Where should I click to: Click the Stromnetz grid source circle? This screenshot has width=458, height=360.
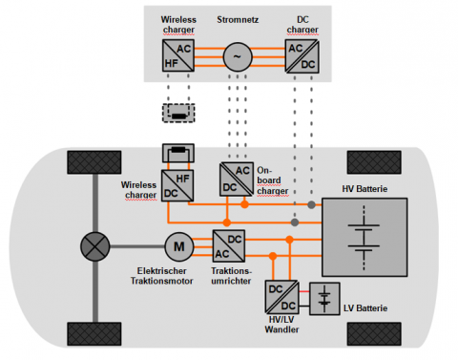[x=238, y=56]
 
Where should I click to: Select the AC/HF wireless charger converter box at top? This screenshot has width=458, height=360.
[x=178, y=55]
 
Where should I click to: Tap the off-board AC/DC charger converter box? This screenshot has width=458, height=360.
[x=302, y=56]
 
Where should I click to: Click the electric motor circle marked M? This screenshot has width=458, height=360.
[x=179, y=246]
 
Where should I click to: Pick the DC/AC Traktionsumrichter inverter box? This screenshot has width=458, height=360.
[x=229, y=246]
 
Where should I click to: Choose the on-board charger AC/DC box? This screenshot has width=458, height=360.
[x=237, y=180]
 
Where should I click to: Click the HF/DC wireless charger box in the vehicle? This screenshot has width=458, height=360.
[x=177, y=185]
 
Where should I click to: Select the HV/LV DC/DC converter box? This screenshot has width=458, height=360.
[x=281, y=297]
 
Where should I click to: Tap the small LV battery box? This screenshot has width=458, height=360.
[x=324, y=299]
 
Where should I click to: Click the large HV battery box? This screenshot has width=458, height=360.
[x=364, y=237]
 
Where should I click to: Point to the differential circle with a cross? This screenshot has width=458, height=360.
[x=95, y=246]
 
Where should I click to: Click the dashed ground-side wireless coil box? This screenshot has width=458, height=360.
[x=178, y=113]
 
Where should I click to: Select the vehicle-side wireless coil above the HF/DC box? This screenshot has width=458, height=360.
[x=178, y=153]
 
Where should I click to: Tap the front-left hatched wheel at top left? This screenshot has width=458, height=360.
[x=94, y=162]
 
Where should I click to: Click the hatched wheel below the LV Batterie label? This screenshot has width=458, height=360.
[x=374, y=334]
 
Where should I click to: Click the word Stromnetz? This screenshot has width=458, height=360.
[x=238, y=20]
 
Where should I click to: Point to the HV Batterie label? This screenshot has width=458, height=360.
[x=364, y=189]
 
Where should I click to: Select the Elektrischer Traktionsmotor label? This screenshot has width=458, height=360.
[x=161, y=276]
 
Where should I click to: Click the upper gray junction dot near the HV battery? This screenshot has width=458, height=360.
[x=311, y=205]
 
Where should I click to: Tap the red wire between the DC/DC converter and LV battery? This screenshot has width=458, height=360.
[x=303, y=291]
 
